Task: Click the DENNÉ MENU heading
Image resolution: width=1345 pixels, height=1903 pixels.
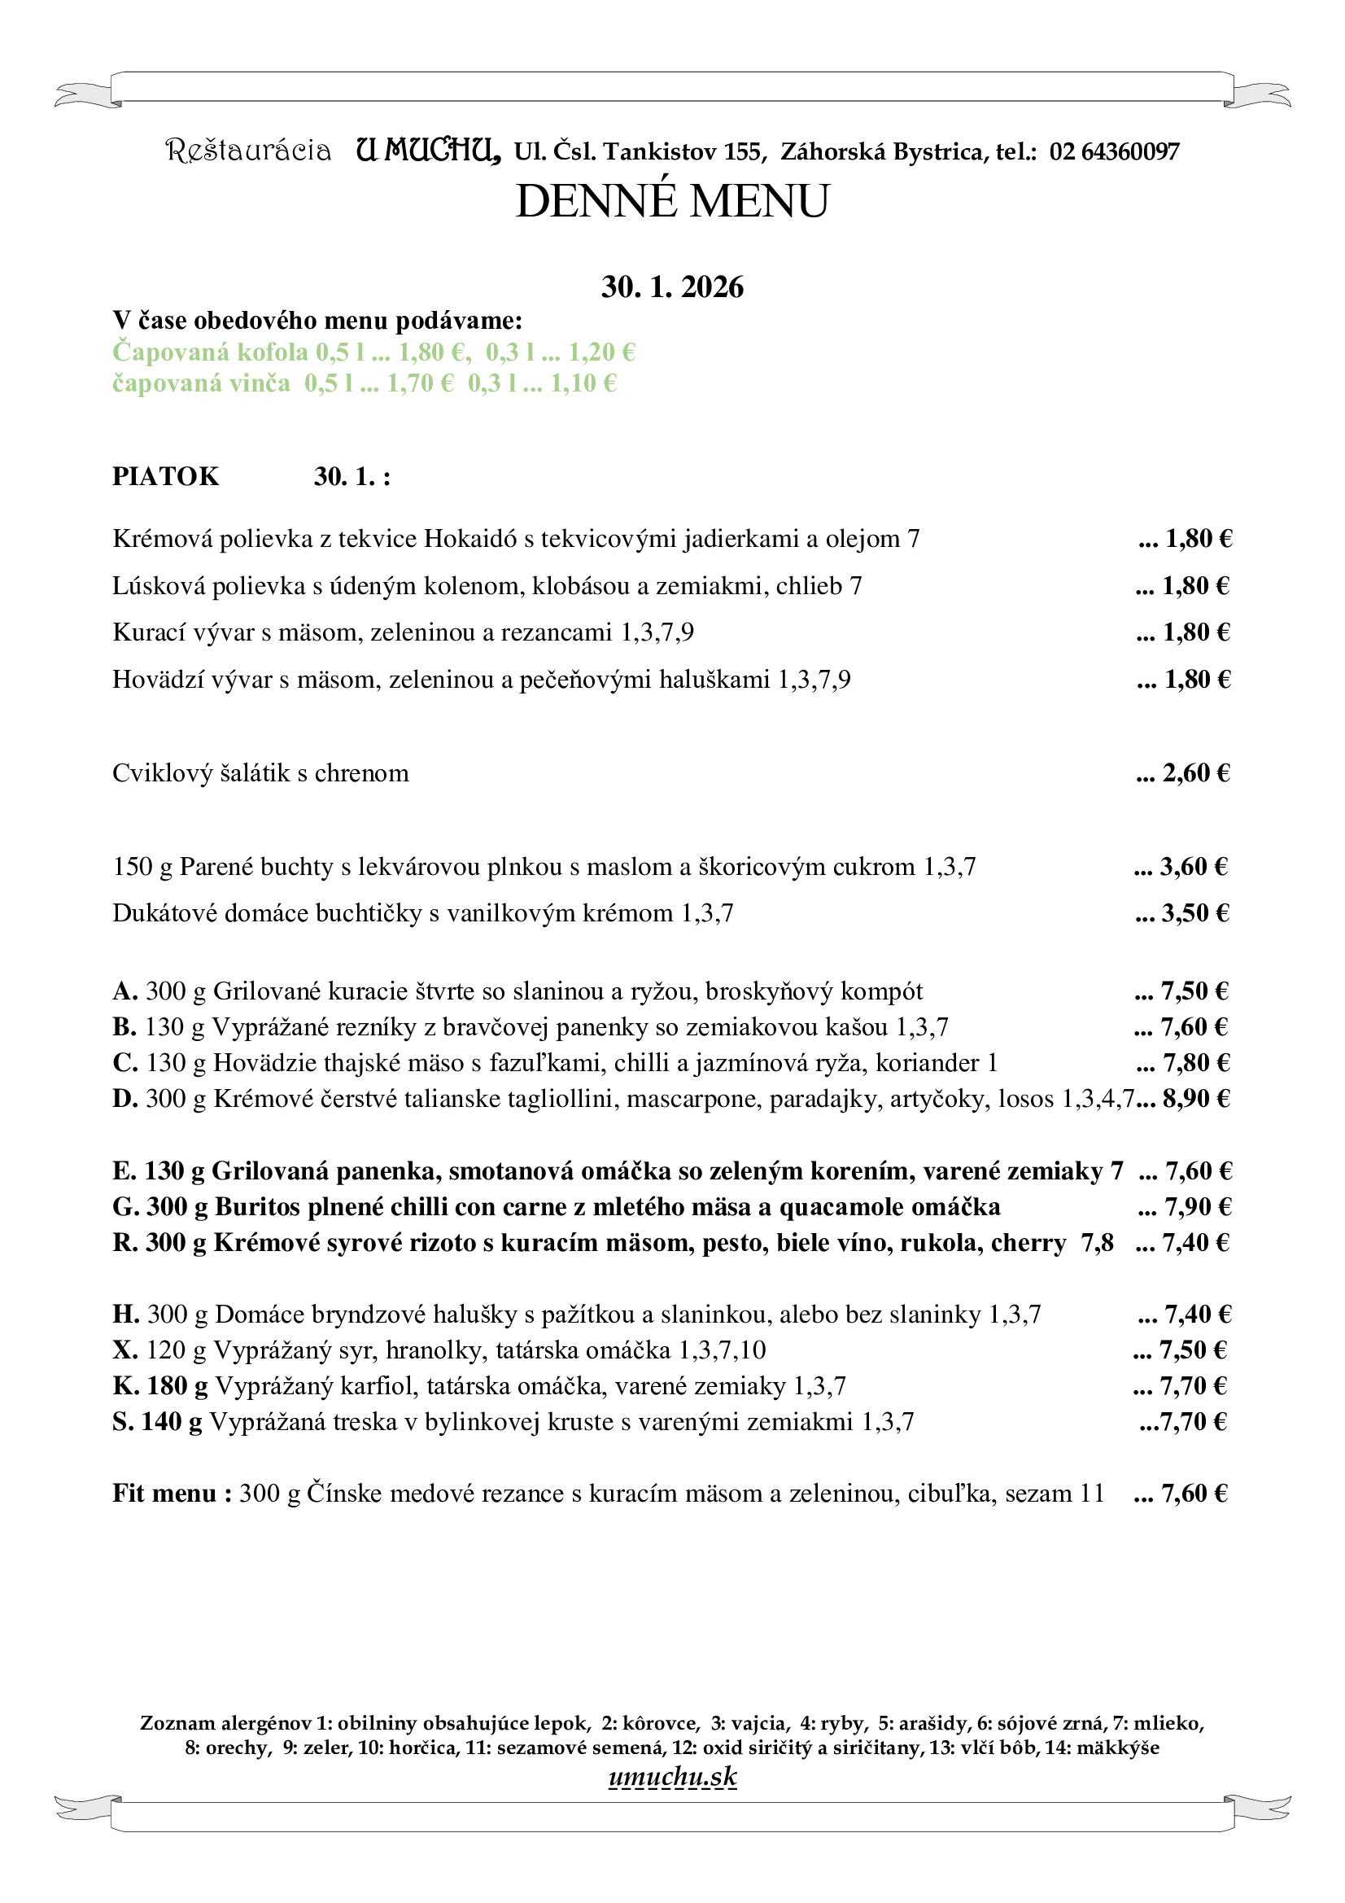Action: pyautogui.click(x=672, y=201)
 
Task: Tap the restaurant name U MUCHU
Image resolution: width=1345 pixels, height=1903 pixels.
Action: pyautogui.click(x=428, y=150)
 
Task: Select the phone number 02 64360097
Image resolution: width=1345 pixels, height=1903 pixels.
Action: pyautogui.click(x=1114, y=151)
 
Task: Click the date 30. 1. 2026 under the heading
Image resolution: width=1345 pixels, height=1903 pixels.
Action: pyautogui.click(x=672, y=287)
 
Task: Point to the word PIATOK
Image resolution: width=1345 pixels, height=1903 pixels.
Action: pyautogui.click(x=166, y=477)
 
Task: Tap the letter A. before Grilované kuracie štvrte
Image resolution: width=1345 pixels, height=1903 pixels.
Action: pyautogui.click(x=125, y=991)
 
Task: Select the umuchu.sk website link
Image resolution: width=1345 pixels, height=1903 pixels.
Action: pyautogui.click(x=672, y=1776)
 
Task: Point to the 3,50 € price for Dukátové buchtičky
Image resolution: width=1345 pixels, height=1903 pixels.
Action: pyautogui.click(x=1194, y=913)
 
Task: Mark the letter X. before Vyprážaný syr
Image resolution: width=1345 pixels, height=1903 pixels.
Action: pyautogui.click(x=125, y=1350)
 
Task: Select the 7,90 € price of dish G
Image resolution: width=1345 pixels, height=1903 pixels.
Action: pyautogui.click(x=1197, y=1207)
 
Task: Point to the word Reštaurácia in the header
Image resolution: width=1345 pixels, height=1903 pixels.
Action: pyautogui.click(x=249, y=151)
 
